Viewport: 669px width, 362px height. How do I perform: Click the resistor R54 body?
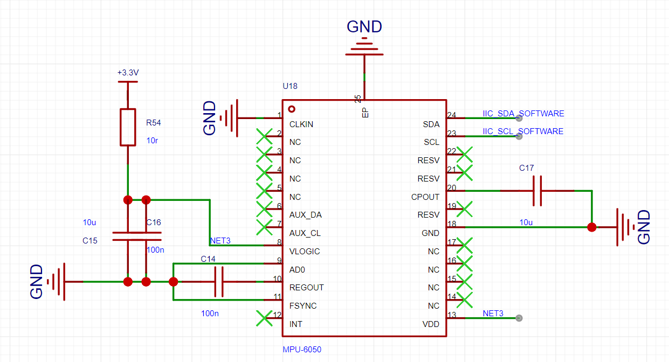click(x=128, y=127)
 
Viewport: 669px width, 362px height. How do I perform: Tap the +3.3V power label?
click(x=128, y=73)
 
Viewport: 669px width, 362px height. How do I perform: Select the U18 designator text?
click(x=290, y=86)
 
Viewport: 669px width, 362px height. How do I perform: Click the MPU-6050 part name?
click(x=302, y=350)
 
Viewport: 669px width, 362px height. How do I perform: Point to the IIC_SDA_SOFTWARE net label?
click(x=523, y=114)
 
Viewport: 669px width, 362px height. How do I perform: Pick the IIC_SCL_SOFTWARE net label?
click(x=523, y=131)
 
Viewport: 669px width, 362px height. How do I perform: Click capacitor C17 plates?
click(x=537, y=191)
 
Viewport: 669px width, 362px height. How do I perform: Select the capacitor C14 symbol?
click(x=219, y=282)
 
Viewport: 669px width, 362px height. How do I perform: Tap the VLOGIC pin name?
click(x=305, y=252)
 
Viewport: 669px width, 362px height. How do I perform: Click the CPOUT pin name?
click(x=425, y=197)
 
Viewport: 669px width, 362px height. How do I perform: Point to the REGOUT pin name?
click(x=306, y=288)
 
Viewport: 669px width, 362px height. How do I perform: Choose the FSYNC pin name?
click(x=303, y=306)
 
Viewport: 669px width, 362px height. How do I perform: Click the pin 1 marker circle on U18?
click(x=292, y=109)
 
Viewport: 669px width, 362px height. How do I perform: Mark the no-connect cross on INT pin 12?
click(x=264, y=318)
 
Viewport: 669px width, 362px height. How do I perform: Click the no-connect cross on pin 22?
click(x=464, y=155)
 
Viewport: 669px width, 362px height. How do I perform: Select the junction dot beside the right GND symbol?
click(x=592, y=227)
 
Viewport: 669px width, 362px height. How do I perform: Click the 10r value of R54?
click(x=152, y=141)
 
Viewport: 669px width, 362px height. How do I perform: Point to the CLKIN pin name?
click(x=301, y=124)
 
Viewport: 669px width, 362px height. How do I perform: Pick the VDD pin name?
click(x=431, y=324)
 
